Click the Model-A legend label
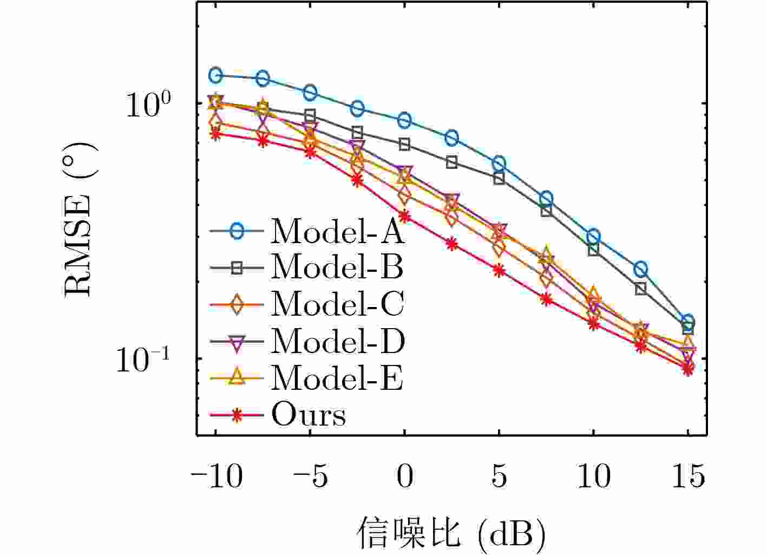pos(337,231)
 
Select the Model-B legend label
pos(337,267)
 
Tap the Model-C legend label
pos(337,304)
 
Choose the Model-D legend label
pos(337,341)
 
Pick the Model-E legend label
pos(337,377)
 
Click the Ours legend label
pos(308,415)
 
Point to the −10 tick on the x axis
pos(216,476)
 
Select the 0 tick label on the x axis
pos(404,476)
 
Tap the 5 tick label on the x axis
pos(499,476)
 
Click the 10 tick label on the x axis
pos(593,476)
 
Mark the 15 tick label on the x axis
pos(687,476)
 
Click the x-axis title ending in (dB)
pos(451,534)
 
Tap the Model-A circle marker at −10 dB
pos(216,75)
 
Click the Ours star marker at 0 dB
pos(404,217)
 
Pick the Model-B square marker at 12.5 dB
pos(641,289)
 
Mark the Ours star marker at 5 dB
pos(499,270)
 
